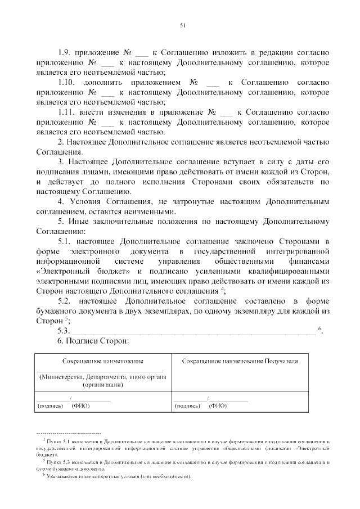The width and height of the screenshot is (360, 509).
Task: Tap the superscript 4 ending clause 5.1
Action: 223,289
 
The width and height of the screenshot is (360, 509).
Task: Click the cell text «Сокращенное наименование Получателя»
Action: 240,361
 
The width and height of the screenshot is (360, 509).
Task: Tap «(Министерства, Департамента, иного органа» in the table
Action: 102,377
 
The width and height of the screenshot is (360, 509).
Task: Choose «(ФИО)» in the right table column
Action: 217,406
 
